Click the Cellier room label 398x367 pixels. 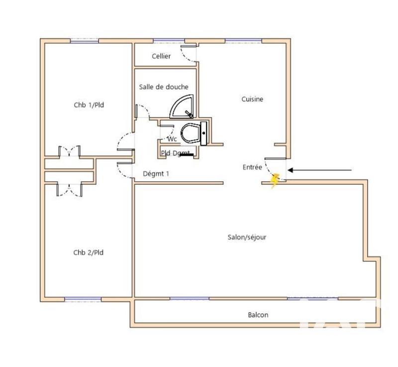coord(161,56)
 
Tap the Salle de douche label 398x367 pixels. coord(164,87)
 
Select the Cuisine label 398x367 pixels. coord(252,99)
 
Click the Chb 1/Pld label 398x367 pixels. coord(89,105)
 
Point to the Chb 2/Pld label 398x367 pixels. coord(89,252)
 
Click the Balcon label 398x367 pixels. coord(258,315)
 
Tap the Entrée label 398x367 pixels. coord(252,168)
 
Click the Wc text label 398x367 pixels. coord(172,138)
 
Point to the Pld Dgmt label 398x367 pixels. coord(175,153)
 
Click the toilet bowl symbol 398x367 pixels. coord(191,133)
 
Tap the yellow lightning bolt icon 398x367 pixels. coord(275,181)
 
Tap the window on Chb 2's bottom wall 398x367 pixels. coord(83,300)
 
